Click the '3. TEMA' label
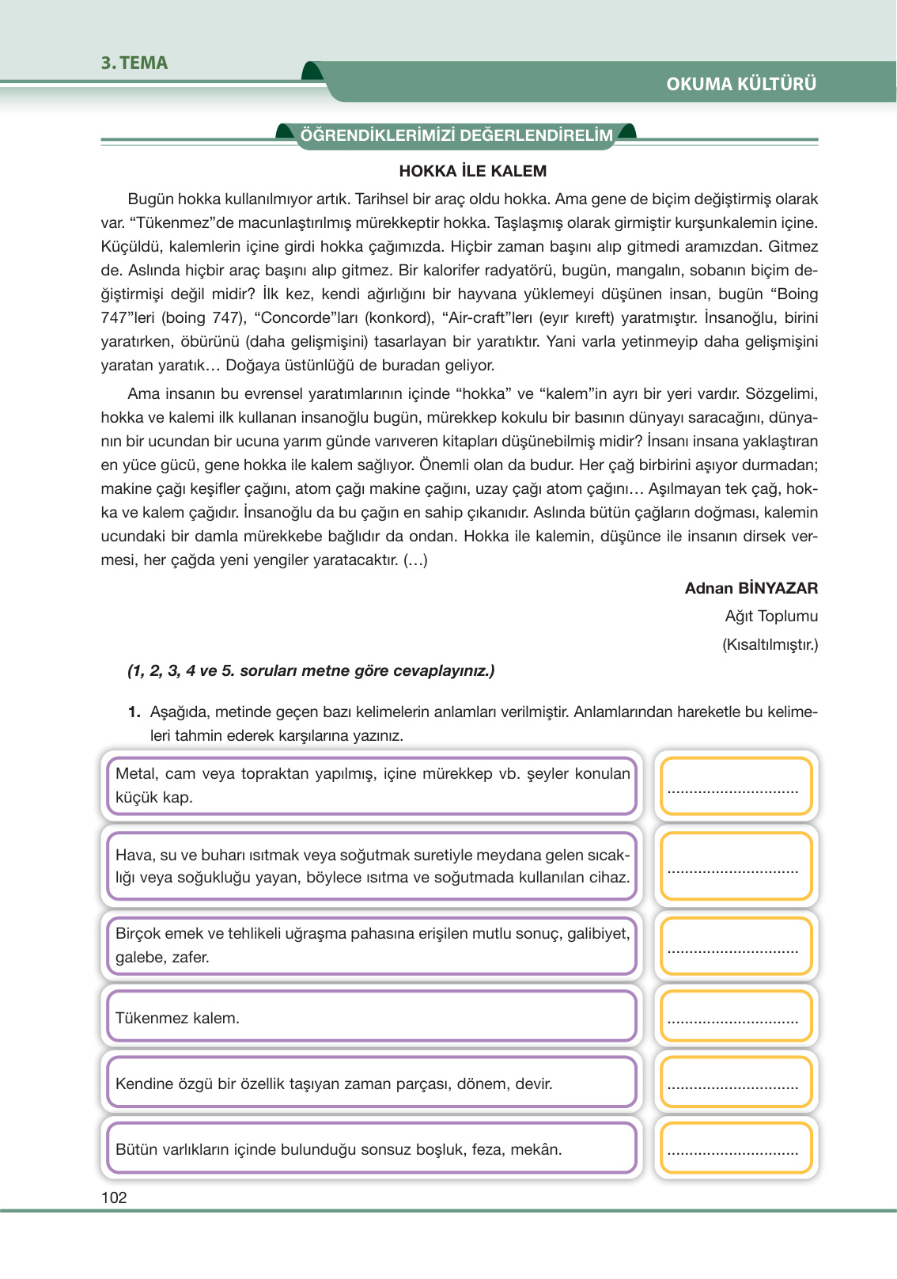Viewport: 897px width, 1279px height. click(134, 63)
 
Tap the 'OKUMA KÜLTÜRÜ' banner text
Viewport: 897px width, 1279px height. click(740, 84)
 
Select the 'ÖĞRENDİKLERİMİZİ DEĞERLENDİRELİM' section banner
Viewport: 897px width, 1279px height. click(456, 135)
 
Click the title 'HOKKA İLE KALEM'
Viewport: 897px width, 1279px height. click(472, 171)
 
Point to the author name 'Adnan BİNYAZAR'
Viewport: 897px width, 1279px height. click(751, 588)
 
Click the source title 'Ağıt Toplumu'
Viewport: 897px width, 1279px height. click(770, 616)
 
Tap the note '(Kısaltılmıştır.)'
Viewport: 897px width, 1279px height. click(770, 644)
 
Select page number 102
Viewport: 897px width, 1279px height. click(114, 1197)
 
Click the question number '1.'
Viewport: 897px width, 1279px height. click(134, 712)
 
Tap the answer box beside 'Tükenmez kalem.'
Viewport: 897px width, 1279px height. click(735, 1017)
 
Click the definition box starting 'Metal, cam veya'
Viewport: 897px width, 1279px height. click(372, 785)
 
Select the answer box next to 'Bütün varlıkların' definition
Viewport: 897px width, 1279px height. click(735, 1148)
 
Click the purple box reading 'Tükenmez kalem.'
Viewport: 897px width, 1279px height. click(372, 1017)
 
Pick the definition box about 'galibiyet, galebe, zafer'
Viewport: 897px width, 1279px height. click(372, 945)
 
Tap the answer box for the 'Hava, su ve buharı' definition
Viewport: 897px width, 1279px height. click(735, 866)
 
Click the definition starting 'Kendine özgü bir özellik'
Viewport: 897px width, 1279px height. click(372, 1083)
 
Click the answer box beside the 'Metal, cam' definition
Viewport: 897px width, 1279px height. click(735, 785)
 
